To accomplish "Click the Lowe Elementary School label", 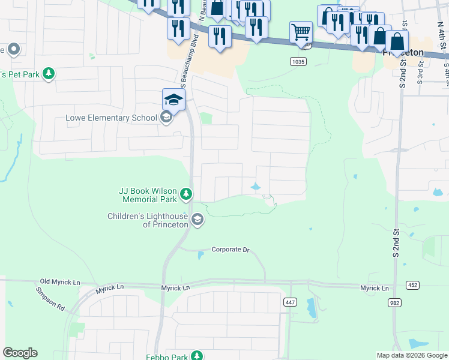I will [111, 118].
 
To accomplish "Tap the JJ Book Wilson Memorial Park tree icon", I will [187, 194].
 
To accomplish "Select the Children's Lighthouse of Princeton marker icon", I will [197, 221].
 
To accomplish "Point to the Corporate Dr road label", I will [230, 250].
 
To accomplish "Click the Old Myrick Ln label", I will [60, 281].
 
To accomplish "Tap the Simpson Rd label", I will [50, 298].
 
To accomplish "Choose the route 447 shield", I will [291, 302].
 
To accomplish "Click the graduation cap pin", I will [173, 99].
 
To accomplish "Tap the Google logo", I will [20, 353].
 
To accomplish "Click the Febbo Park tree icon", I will [197, 356].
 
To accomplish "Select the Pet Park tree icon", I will [49, 74].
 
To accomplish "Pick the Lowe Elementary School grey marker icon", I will [166, 118].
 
